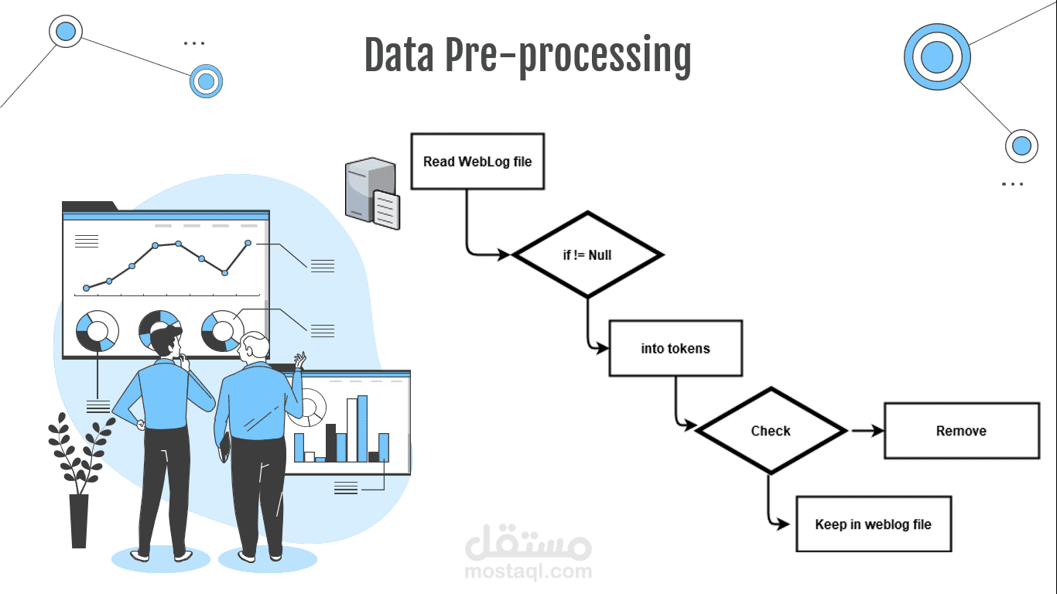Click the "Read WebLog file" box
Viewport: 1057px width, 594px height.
point(477,162)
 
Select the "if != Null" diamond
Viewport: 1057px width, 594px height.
point(587,254)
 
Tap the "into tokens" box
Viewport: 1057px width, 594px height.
point(676,349)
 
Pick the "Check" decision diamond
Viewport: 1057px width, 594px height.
point(771,431)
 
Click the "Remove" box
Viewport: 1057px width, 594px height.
point(961,431)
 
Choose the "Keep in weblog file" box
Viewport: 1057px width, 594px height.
point(873,524)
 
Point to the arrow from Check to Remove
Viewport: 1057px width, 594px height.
point(867,431)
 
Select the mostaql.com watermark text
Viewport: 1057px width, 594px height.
point(528,572)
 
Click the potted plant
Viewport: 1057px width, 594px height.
point(78,480)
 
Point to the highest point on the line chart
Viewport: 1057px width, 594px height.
point(178,243)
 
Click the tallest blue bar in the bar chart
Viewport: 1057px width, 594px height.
point(362,428)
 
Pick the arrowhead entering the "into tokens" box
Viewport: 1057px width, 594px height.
point(603,349)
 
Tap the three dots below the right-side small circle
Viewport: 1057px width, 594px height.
point(1012,184)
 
